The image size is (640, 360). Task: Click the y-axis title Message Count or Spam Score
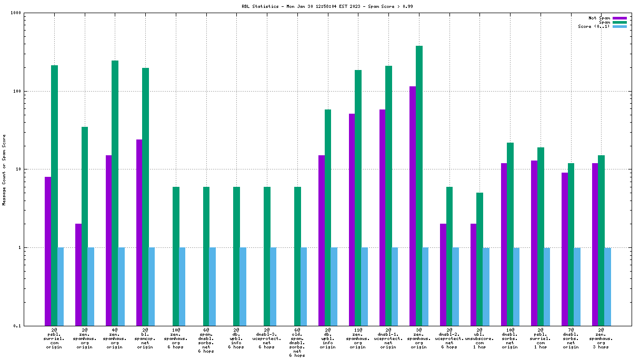(4, 169)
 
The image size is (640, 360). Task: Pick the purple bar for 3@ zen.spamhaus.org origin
(413, 206)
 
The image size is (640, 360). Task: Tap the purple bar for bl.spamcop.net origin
(139, 232)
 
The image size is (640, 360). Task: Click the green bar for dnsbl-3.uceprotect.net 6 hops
(267, 256)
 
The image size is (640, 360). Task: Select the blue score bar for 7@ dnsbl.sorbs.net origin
(577, 286)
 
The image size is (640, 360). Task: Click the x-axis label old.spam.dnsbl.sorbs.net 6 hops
(297, 343)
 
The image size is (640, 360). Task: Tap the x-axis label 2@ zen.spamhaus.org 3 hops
(601, 338)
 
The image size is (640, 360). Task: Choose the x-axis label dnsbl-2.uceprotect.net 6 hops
(449, 338)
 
